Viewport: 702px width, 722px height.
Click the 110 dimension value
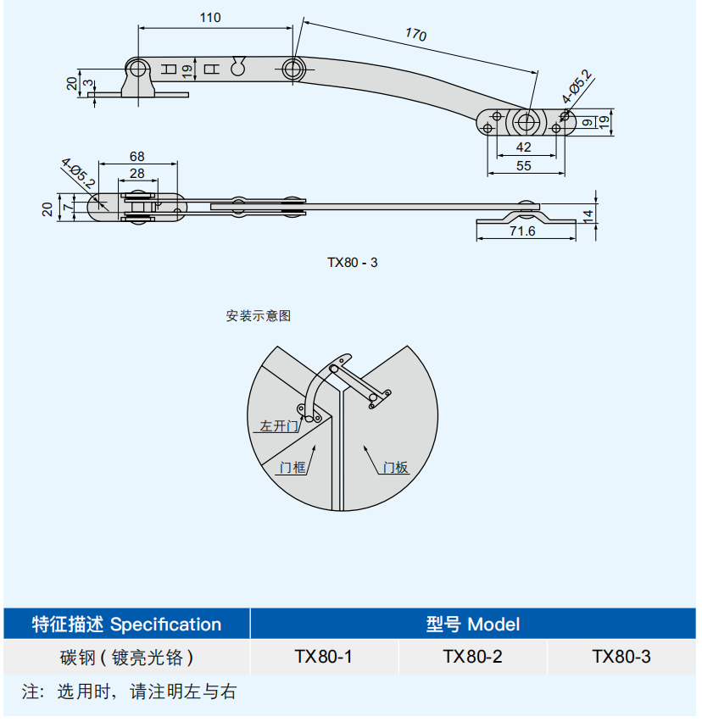(210, 18)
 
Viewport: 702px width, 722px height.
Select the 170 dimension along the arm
(415, 34)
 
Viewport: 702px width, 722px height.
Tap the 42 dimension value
(523, 146)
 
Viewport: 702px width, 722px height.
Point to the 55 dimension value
(523, 165)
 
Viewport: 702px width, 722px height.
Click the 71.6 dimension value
(522, 230)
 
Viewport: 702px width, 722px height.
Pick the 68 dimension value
(136, 156)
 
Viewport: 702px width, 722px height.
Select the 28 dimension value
(136, 173)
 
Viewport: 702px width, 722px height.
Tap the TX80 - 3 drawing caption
(353, 262)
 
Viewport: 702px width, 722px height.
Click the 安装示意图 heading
(258, 316)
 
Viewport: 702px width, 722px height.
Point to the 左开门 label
(280, 426)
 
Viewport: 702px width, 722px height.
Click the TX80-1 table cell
(323, 657)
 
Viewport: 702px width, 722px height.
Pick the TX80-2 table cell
(472, 657)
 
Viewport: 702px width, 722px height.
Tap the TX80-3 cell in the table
(621, 657)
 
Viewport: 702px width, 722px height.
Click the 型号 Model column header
(472, 625)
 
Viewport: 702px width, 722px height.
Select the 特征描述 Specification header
(126, 625)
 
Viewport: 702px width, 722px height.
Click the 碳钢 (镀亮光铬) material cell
(126, 657)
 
